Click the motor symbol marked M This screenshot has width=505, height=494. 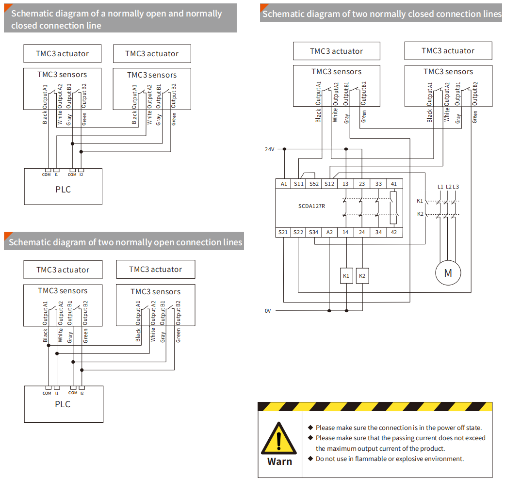point(448,273)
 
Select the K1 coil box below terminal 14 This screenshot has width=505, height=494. point(346,276)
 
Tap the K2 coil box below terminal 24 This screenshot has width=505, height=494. point(361,276)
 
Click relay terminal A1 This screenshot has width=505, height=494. point(284,184)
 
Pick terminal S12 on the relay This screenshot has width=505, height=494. point(329,184)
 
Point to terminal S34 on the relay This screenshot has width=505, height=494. point(314,232)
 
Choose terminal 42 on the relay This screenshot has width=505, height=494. point(393,232)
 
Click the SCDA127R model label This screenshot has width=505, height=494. point(311,206)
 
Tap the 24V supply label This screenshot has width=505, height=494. point(269,149)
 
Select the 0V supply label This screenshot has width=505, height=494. point(268,311)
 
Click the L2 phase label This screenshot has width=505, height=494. point(448,187)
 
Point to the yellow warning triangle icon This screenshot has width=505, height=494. point(279,438)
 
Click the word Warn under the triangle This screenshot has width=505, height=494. point(279,462)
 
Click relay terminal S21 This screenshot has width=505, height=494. point(283,232)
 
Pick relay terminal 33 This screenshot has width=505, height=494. point(378,184)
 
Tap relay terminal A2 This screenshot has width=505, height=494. point(329,232)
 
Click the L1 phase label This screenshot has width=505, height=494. point(440,187)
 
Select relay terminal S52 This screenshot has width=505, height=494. point(314,184)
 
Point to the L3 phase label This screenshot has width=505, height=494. point(456,187)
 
